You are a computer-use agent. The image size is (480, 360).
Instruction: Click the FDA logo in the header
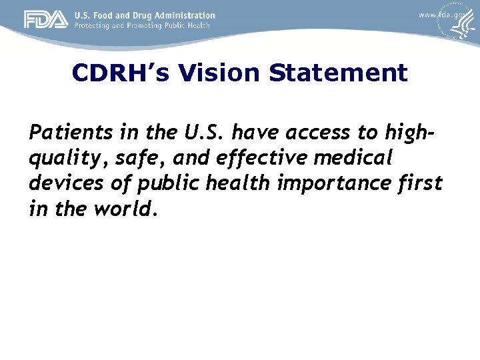(x=46, y=20)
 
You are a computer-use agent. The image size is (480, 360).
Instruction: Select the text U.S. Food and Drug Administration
(x=145, y=15)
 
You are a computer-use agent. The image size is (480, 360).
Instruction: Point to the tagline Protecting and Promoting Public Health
(x=142, y=25)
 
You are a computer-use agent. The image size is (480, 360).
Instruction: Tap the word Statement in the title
(x=338, y=73)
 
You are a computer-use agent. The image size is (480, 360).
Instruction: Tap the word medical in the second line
(x=357, y=159)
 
